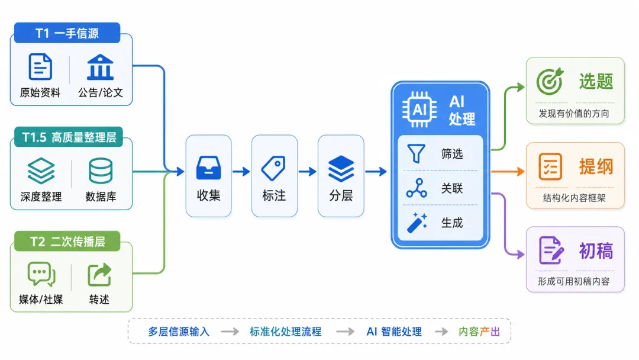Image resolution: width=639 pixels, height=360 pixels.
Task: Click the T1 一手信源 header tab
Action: (x=67, y=33)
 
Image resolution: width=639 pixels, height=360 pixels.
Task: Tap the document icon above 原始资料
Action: (x=40, y=66)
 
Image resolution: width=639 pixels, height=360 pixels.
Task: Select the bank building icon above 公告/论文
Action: (x=100, y=67)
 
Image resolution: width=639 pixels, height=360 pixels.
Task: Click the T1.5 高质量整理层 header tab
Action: (x=69, y=137)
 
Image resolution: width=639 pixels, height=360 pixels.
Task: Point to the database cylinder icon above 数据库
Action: (x=101, y=171)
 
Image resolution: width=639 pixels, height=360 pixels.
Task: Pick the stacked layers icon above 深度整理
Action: (x=41, y=171)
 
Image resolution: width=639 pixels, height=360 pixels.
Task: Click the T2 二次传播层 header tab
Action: (x=67, y=242)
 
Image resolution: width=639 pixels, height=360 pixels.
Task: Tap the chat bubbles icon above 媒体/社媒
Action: (x=41, y=274)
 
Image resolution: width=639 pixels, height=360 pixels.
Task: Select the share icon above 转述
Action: (x=99, y=274)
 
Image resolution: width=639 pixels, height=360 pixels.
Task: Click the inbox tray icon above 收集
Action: (x=209, y=168)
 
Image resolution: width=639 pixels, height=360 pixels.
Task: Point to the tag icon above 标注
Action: (x=273, y=168)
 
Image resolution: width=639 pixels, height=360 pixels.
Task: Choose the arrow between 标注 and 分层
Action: (x=307, y=172)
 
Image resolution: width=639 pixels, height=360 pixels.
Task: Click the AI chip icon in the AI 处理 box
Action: (x=419, y=110)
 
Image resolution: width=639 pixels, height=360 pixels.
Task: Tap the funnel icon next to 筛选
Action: (x=416, y=154)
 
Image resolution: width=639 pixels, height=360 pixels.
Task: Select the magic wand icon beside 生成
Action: (x=417, y=223)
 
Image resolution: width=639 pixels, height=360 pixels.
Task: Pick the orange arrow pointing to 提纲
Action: (x=508, y=172)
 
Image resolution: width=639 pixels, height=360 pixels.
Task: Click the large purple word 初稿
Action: (x=596, y=250)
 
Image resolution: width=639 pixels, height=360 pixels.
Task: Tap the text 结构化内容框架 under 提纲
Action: (x=574, y=198)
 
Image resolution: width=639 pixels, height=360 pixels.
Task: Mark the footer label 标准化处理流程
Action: (x=286, y=332)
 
